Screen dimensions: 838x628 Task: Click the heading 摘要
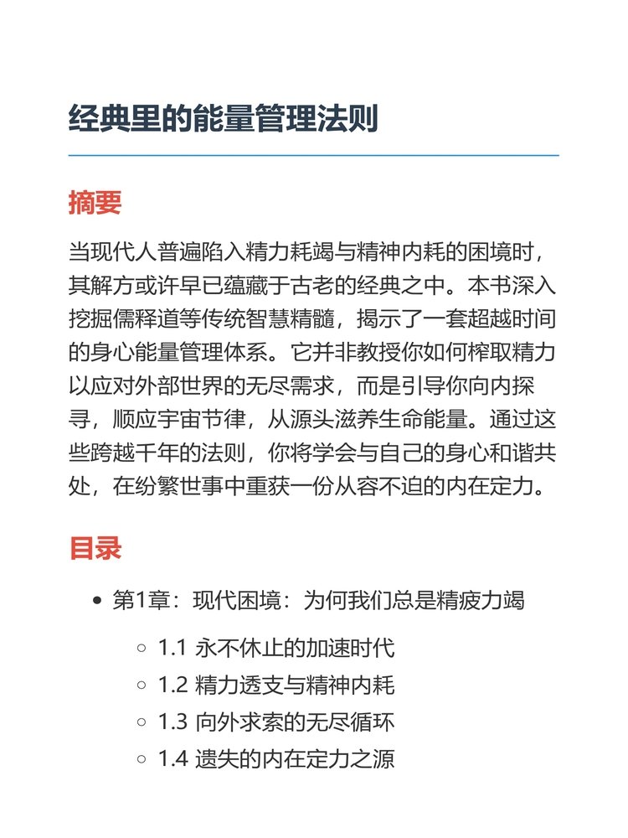(x=95, y=202)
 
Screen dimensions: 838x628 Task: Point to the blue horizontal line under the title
(x=313, y=156)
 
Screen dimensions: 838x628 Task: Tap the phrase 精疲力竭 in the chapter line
(x=481, y=601)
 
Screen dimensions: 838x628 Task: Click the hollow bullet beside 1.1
(x=142, y=648)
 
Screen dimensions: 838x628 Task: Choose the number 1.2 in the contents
(x=172, y=685)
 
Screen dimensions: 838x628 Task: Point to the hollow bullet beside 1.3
(x=142, y=722)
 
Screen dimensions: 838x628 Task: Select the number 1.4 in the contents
(x=172, y=759)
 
